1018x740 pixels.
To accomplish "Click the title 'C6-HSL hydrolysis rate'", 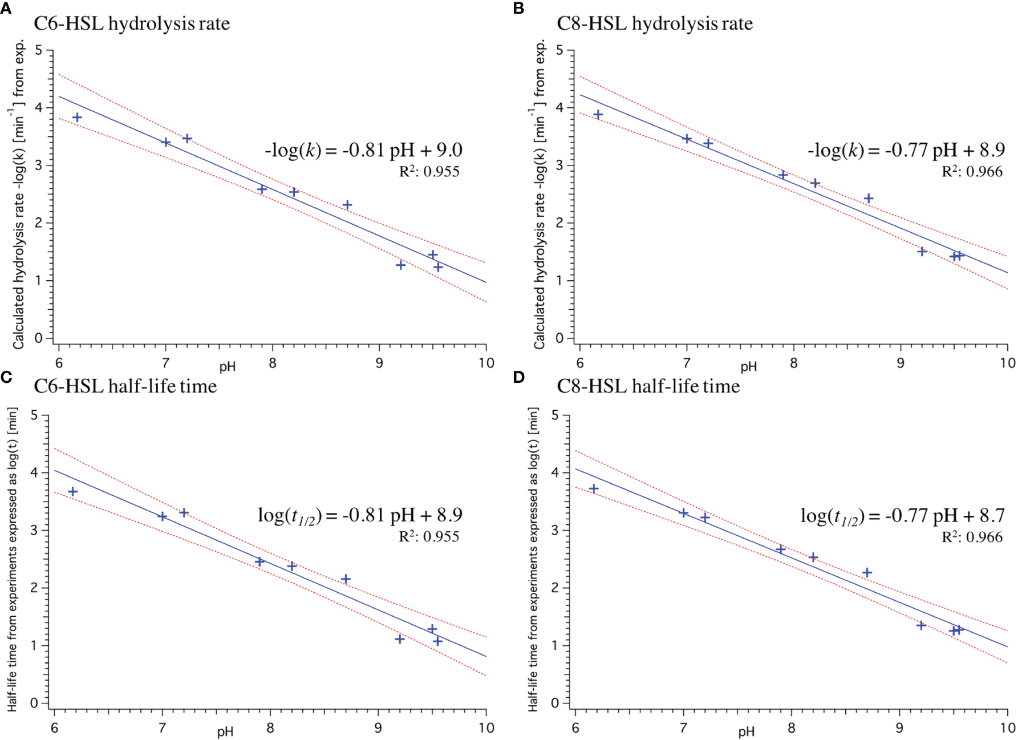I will [x=132, y=23].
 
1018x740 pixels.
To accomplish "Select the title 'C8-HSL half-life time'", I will [x=648, y=386].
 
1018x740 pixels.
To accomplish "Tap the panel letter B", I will [x=518, y=9].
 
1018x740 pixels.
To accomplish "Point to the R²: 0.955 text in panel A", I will [x=429, y=172].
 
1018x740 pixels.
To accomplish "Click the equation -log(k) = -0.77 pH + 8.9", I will [x=906, y=150].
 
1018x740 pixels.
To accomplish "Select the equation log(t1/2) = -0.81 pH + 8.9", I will [x=360, y=515].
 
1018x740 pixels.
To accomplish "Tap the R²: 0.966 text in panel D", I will [x=972, y=537].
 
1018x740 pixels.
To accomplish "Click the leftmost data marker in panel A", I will [x=77, y=118].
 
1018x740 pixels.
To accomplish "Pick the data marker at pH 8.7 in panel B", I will [x=869, y=199].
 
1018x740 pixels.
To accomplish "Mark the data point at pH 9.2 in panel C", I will [x=400, y=639].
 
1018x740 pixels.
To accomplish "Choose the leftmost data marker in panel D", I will [x=594, y=489].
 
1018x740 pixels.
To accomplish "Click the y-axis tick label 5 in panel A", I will [x=39, y=50].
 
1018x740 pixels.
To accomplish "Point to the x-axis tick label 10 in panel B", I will [x=1008, y=363].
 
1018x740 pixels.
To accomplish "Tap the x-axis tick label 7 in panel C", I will [x=162, y=728].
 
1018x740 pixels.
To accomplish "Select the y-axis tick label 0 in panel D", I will [x=555, y=703].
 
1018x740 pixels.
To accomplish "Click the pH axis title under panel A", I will [x=228, y=367].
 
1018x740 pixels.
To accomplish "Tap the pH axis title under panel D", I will [x=747, y=731].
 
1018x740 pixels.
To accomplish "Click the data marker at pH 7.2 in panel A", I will [x=187, y=139].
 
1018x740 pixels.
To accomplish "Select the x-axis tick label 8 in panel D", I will [x=791, y=728].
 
